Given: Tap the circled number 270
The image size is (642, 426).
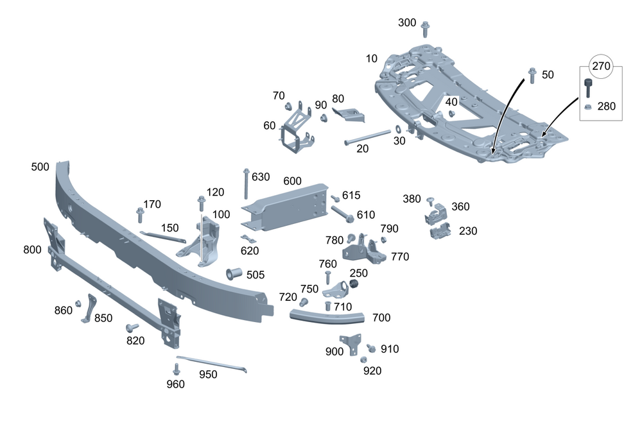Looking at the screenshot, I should (x=602, y=66).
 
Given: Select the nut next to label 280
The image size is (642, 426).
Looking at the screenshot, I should (x=587, y=106).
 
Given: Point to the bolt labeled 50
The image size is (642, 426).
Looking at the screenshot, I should (x=532, y=75).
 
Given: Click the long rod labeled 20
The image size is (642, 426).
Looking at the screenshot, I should (x=367, y=138).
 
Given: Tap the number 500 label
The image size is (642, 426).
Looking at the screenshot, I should (x=40, y=167).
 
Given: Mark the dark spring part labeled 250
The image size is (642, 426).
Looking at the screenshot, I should (x=353, y=284).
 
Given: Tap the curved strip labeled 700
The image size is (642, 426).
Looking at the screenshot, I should (x=327, y=316).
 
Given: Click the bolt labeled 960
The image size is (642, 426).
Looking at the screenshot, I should (x=177, y=370).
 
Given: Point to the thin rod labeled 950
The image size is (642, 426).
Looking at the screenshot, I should (x=212, y=364).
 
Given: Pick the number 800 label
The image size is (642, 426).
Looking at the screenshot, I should (x=32, y=250).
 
